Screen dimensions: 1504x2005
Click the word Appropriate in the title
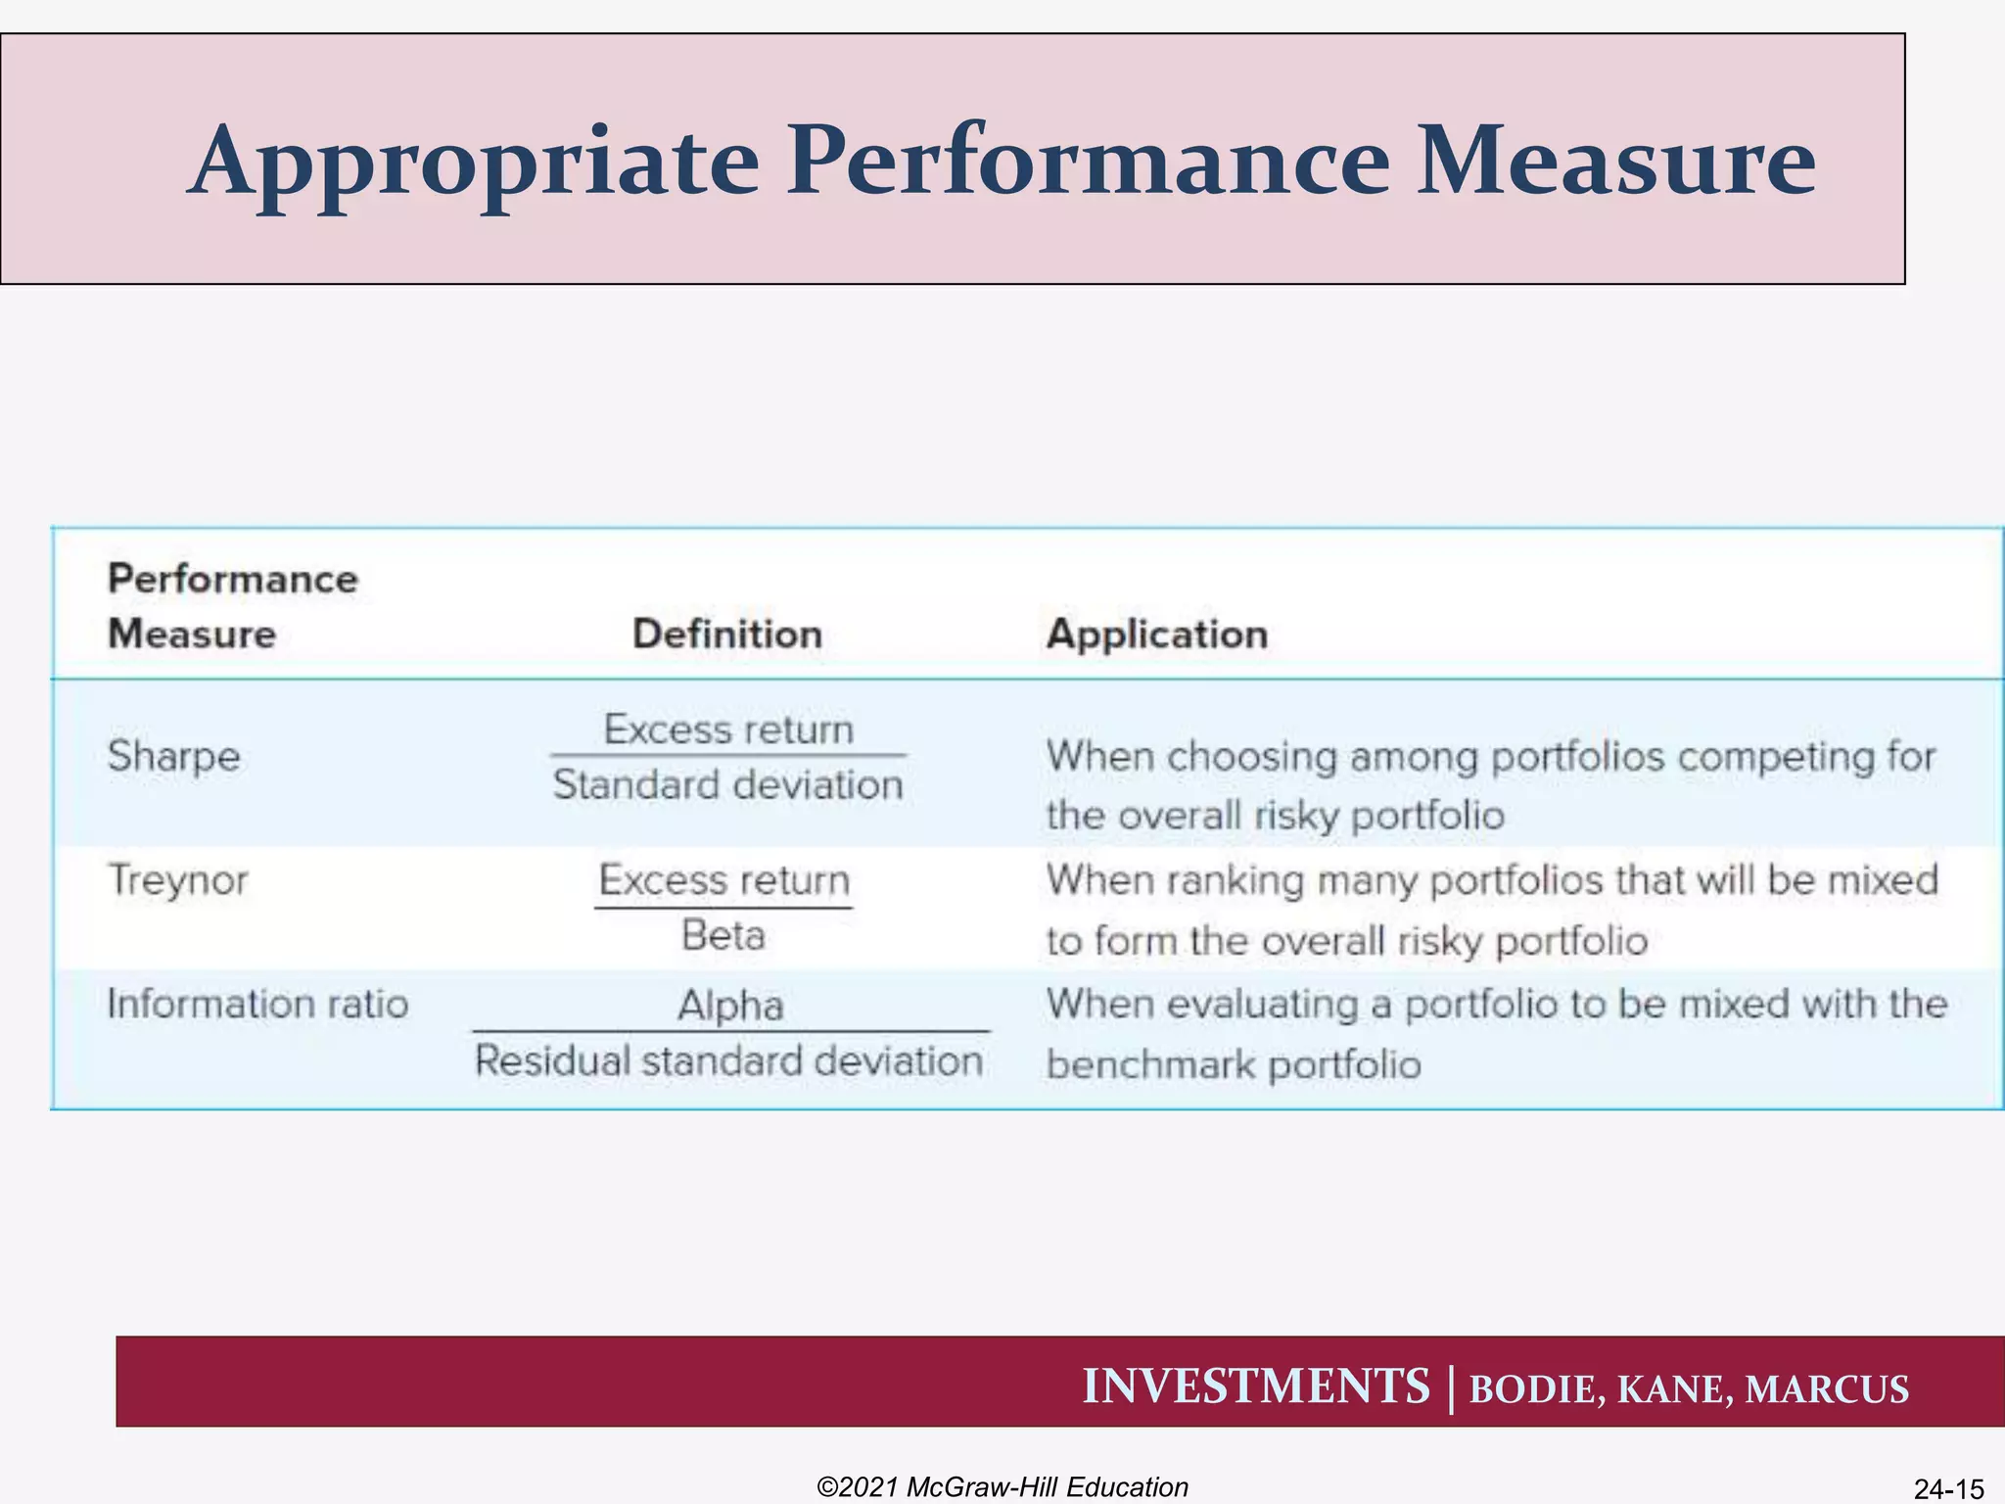(474, 163)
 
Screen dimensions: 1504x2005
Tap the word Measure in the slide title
(1616, 161)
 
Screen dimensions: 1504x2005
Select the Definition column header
(727, 634)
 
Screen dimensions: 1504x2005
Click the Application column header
(1157, 634)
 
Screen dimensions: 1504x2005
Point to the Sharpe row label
(174, 757)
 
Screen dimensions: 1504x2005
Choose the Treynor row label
(178, 880)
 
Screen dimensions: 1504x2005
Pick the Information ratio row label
(257, 1005)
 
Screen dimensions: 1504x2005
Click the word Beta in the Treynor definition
(723, 935)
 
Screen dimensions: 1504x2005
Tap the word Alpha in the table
(731, 1006)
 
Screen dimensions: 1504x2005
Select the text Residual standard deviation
(729, 1061)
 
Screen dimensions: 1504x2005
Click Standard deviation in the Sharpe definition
(728, 785)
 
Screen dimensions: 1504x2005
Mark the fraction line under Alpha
(731, 1031)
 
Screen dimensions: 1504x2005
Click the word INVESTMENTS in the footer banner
(1256, 1386)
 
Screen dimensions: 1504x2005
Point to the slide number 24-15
(1948, 1489)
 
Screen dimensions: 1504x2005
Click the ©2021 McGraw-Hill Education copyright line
(1002, 1487)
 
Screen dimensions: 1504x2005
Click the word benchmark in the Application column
(1151, 1064)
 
